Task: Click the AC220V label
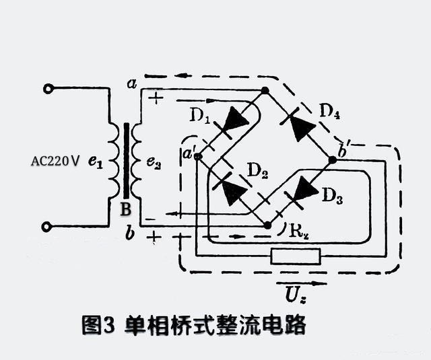pyautogui.click(x=56, y=161)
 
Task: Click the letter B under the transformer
pyautogui.click(x=125, y=209)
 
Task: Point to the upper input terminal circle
pyautogui.click(x=47, y=89)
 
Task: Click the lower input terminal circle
pyautogui.click(x=47, y=227)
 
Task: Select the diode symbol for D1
pyautogui.click(x=235, y=120)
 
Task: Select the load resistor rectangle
pyautogui.click(x=294, y=256)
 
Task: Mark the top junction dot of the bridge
pyautogui.click(x=265, y=90)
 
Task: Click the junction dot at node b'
pyautogui.click(x=332, y=160)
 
